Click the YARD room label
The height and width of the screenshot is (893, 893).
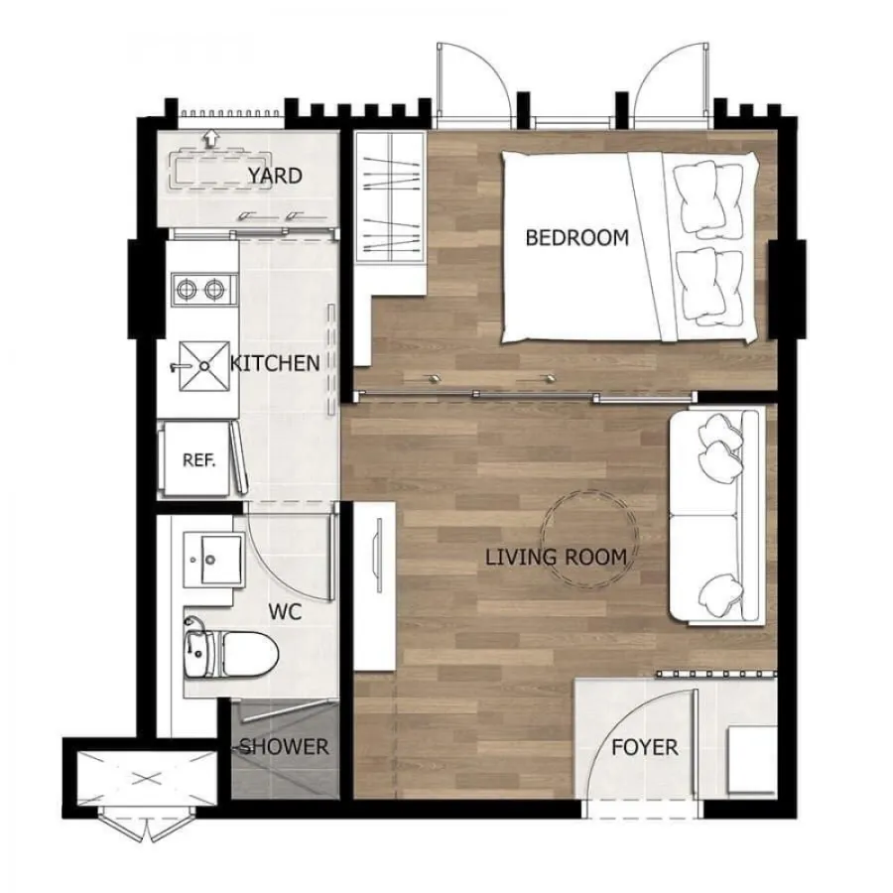[275, 176]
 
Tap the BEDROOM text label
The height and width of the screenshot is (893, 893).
[576, 237]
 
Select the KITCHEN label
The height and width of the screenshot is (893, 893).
[275, 363]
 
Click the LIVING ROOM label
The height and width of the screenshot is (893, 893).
[556, 557]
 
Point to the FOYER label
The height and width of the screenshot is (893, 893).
[645, 747]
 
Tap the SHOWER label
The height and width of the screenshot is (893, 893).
[284, 746]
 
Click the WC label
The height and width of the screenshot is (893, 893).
[285, 612]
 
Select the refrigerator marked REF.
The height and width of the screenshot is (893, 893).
[198, 458]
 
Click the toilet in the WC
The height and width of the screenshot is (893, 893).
[230, 653]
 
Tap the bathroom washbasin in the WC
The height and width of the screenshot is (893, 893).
[212, 560]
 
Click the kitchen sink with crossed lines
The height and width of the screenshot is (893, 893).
[204, 366]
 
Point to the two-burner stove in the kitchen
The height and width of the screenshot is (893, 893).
[203, 290]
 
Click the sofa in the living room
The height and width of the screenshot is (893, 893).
[715, 518]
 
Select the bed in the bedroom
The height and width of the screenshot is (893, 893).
[630, 247]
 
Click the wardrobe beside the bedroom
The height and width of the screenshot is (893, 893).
[390, 197]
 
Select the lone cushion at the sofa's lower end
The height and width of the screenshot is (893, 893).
[721, 595]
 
